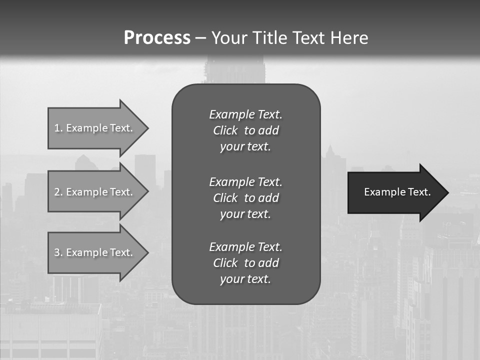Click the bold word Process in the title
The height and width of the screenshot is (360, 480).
click(157, 38)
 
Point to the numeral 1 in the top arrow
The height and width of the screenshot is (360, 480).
click(56, 128)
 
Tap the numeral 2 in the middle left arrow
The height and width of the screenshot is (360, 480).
click(56, 192)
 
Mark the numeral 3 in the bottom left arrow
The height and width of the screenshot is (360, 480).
click(56, 252)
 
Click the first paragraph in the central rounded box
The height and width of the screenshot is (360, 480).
click(245, 130)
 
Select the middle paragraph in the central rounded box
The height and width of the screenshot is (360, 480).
click(245, 197)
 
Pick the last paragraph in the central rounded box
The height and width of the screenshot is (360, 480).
click(245, 263)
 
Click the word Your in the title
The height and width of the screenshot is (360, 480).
click(229, 38)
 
